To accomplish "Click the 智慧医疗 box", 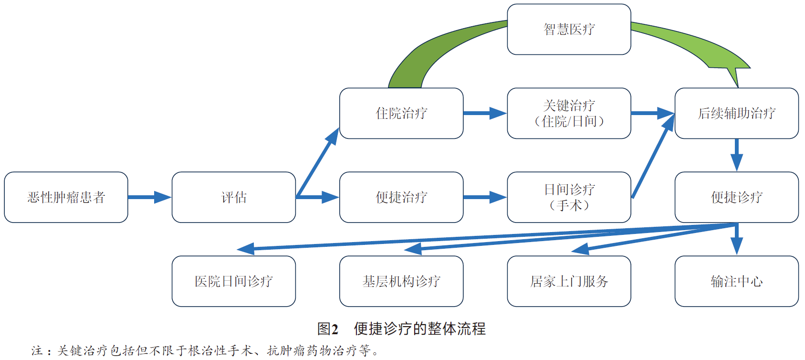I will [569, 30].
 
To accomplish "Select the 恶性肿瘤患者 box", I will [66, 197].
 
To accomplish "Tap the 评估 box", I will [234, 197].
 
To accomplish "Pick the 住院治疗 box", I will [401, 113].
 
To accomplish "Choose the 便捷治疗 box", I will [401, 197].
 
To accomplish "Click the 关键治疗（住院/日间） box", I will [569, 113].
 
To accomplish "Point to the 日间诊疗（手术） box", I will [569, 197].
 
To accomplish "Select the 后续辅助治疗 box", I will [736, 113].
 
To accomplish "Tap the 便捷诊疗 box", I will [736, 197].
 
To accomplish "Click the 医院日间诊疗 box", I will [234, 281].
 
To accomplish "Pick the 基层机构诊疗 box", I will [401, 281].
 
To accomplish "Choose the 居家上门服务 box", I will [569, 281].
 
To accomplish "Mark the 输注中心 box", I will [736, 281].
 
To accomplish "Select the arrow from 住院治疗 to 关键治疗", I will [485, 113].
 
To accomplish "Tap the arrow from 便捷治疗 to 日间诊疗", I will [485, 197].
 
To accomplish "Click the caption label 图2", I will [328, 329].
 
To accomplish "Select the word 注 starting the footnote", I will [37, 351].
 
